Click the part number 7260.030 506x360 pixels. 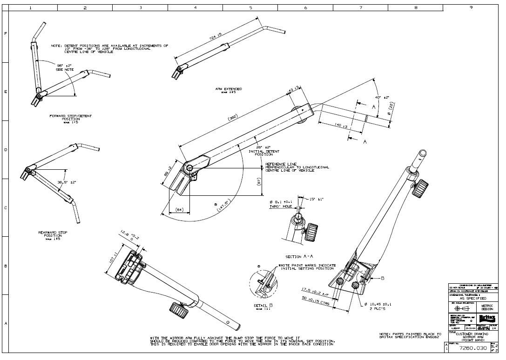point(473,348)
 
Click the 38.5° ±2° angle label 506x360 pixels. point(67,183)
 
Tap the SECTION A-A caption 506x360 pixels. point(299,256)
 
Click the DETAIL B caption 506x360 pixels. point(264,304)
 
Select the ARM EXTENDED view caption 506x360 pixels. point(228,89)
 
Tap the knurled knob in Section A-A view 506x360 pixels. point(311,230)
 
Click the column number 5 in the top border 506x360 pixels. point(250,7)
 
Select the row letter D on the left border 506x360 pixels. point(6,150)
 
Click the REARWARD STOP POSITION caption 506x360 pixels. point(53,234)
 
